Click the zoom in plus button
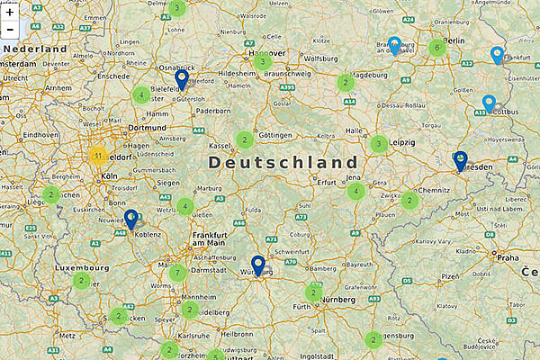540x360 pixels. (10, 13)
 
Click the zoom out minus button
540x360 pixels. (10, 30)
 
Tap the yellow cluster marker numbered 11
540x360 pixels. (97, 156)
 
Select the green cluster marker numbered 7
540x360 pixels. (178, 273)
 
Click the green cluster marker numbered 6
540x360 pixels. (437, 47)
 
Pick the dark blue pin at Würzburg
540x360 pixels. (258, 265)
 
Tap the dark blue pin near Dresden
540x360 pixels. (461, 160)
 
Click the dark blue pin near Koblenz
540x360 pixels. (130, 219)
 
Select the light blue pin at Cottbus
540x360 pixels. (489, 104)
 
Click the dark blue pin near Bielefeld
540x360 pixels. (181, 79)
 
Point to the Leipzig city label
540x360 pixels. (402, 143)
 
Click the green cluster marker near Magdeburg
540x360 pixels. (345, 83)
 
